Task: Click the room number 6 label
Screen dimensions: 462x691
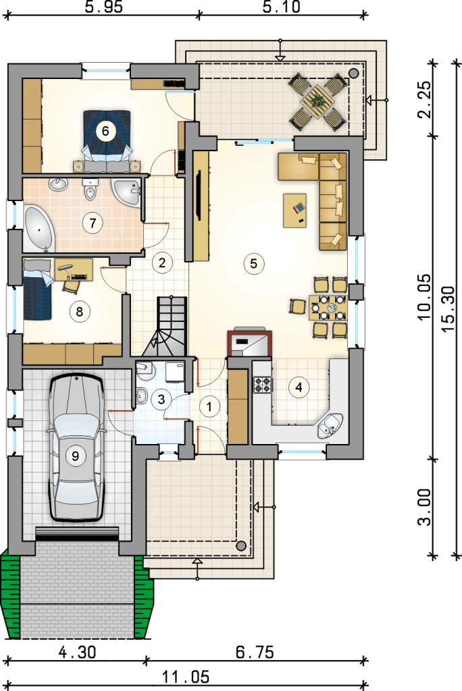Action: [105, 131]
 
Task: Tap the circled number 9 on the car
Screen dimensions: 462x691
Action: [76, 455]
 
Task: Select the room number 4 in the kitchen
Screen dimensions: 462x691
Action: [299, 387]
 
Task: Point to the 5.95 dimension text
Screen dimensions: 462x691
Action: [104, 7]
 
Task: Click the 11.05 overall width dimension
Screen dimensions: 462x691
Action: [185, 676]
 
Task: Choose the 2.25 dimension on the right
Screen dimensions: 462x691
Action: [424, 100]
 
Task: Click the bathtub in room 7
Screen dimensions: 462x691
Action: [38, 227]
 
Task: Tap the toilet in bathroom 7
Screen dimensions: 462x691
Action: [90, 189]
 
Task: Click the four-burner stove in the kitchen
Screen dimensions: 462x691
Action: [262, 385]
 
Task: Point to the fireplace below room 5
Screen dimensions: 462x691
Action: [249, 342]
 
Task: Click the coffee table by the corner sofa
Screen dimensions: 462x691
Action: [294, 211]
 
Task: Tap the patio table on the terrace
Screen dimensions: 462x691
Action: [317, 102]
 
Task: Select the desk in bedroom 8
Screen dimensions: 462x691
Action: [74, 270]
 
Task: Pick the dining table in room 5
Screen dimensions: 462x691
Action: [328, 308]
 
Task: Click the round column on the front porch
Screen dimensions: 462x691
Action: [240, 546]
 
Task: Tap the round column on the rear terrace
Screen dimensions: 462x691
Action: [353, 73]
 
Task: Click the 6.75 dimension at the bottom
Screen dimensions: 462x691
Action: [255, 652]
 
